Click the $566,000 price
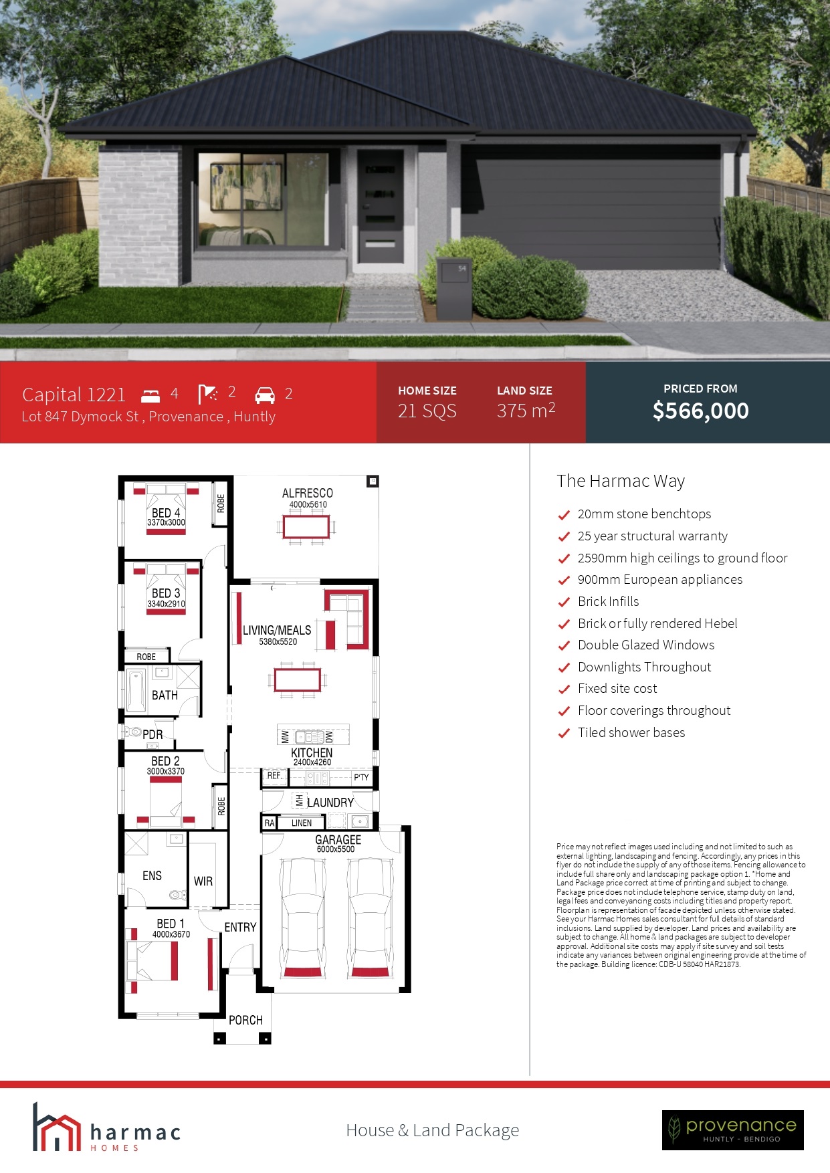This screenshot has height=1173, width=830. (700, 411)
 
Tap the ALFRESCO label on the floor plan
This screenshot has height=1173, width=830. (307, 493)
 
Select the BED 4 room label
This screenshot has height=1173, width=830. (166, 513)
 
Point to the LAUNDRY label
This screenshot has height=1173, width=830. (330, 803)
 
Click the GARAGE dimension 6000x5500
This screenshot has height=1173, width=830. (336, 849)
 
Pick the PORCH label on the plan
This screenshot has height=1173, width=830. (245, 1020)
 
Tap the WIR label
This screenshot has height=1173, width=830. (203, 881)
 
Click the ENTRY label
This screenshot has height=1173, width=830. (240, 928)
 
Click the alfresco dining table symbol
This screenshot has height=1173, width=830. (306, 527)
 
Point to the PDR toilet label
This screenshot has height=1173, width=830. (152, 734)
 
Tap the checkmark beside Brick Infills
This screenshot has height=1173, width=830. (564, 603)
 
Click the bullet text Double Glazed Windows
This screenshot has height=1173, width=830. (646, 645)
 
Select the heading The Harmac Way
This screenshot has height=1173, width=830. (621, 481)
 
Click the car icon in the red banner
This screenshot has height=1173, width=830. (265, 395)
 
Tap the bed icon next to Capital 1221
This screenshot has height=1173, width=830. (151, 395)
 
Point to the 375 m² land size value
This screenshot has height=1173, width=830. (526, 410)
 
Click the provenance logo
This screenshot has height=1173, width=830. (733, 1130)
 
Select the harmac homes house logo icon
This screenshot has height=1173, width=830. (56, 1128)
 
